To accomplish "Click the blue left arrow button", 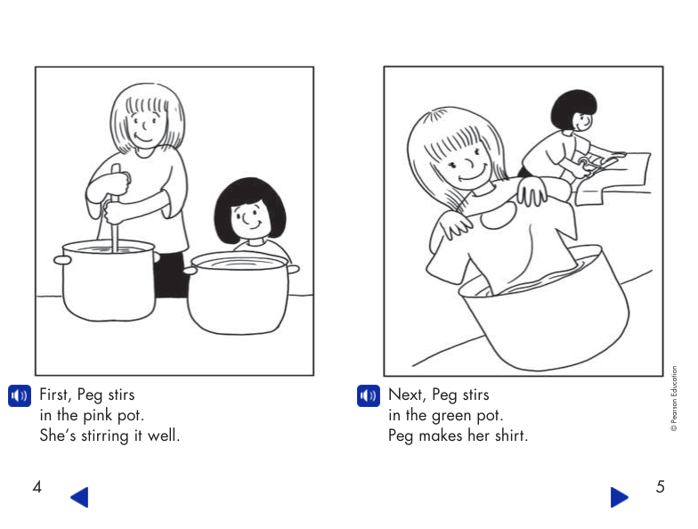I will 79,497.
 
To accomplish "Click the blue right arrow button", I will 620,497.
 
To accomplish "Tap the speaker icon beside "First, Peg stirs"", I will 19,395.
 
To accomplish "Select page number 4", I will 37,487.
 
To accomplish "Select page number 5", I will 660,487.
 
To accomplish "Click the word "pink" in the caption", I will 93,416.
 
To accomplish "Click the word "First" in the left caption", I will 58,395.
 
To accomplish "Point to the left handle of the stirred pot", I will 61,259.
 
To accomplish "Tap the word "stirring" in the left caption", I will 107,436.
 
